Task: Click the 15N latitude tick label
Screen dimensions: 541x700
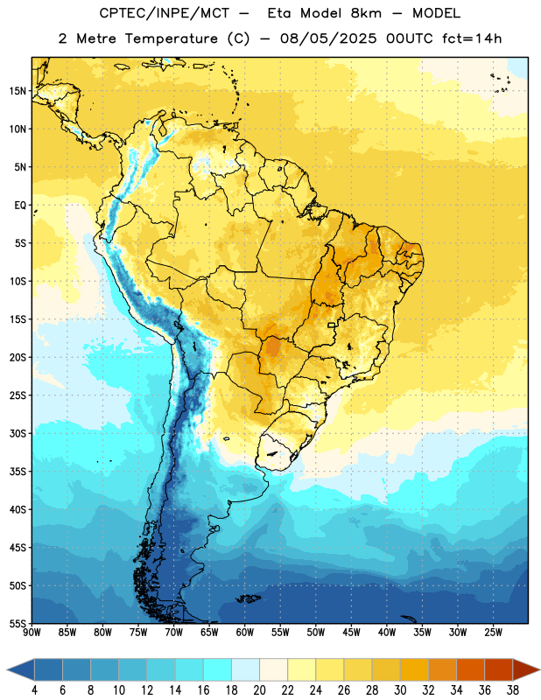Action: pyautogui.click(x=18, y=91)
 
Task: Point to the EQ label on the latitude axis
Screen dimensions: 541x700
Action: pyautogui.click(x=20, y=206)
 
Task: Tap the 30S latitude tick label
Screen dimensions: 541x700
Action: pyautogui.click(x=18, y=433)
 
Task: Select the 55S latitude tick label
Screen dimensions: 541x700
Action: pyautogui.click(x=18, y=623)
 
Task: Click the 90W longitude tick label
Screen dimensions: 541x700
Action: pyautogui.click(x=32, y=633)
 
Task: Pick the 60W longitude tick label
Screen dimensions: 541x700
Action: pyautogui.click(x=245, y=633)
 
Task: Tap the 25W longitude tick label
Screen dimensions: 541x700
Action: pyautogui.click(x=493, y=633)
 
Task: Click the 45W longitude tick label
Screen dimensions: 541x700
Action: pyautogui.click(x=351, y=633)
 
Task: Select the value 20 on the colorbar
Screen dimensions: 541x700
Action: pyautogui.click(x=259, y=690)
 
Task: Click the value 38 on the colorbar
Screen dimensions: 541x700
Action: pyautogui.click(x=513, y=690)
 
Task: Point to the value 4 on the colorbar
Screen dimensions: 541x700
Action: pyautogui.click(x=34, y=690)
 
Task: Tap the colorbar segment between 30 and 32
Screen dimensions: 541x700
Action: pyautogui.click(x=414, y=669)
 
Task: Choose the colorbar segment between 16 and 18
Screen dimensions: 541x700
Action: pyautogui.click(x=217, y=669)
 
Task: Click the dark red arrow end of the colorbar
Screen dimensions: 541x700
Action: pyautogui.click(x=526, y=669)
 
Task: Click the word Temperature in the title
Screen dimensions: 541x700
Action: pyautogui.click(x=171, y=38)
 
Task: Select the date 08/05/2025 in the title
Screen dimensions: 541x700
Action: pyautogui.click(x=328, y=38)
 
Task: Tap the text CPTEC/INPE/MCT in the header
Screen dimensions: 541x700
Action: pyautogui.click(x=165, y=13)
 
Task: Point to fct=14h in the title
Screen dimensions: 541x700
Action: pyautogui.click(x=472, y=38)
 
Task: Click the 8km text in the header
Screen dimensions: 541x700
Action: pyautogui.click(x=366, y=13)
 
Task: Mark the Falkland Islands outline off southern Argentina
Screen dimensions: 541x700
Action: pyautogui.click(x=249, y=598)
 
